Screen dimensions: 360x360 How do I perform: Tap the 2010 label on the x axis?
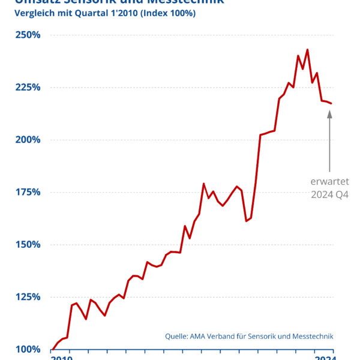61,358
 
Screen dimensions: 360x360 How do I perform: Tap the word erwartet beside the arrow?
329,181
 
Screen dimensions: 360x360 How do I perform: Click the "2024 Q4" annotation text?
329,194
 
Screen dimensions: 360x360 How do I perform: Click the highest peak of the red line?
308,50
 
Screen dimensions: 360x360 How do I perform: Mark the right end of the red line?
331,103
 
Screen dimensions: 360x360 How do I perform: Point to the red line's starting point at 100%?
53,349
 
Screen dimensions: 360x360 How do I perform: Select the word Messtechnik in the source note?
311,337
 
